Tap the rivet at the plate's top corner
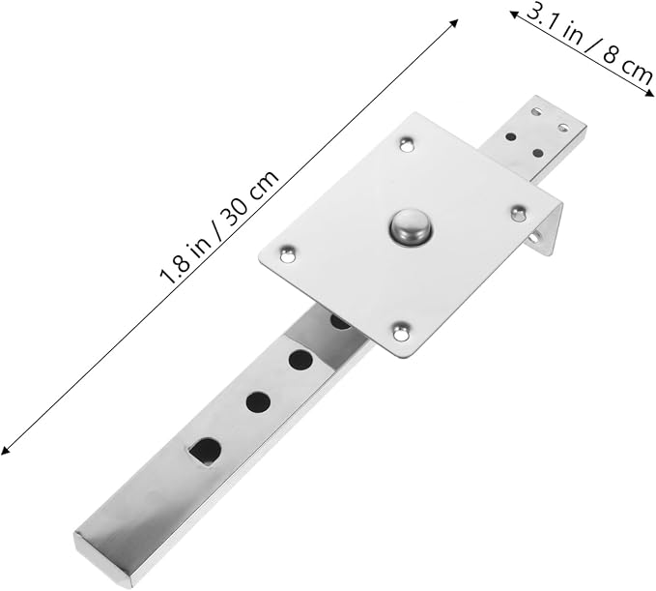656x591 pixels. (407, 145)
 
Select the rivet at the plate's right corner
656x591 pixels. (519, 212)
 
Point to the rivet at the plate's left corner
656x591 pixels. (287, 254)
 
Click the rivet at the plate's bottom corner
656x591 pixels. (401, 331)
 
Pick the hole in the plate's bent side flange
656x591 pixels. (534, 238)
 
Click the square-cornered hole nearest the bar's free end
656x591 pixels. (204, 452)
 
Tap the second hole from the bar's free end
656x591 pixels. (258, 401)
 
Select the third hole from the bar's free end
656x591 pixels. (300, 360)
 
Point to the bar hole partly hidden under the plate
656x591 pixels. (339, 322)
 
